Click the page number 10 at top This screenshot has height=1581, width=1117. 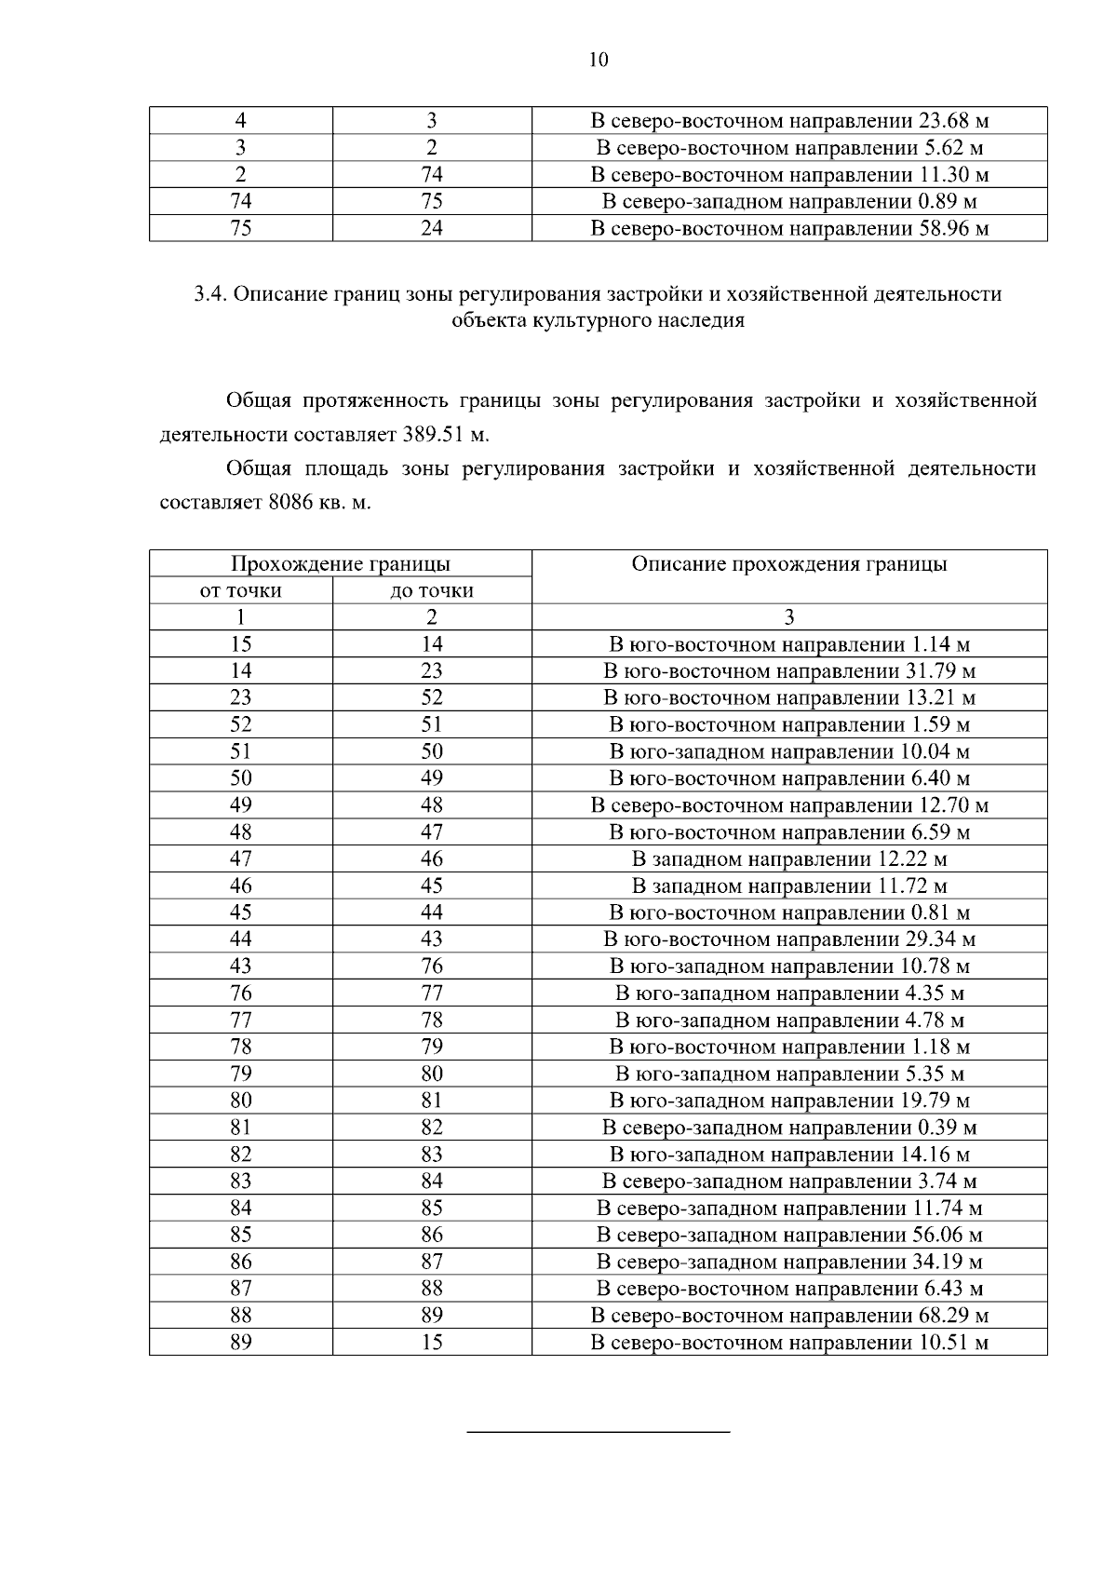pos(599,61)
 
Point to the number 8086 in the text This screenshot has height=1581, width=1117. pos(292,502)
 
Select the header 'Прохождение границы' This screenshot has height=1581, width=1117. pos(340,563)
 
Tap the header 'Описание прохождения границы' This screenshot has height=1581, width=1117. pos(789,563)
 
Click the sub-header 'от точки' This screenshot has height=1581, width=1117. pos(240,590)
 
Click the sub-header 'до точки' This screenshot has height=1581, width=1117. pos(432,590)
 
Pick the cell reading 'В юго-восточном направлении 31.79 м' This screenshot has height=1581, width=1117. pos(789,670)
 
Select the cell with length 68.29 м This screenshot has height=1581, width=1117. pos(789,1315)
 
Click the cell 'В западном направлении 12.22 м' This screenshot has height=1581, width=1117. pos(789,858)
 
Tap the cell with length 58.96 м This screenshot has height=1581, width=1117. pos(789,228)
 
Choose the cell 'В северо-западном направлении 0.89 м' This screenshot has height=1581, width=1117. pos(789,201)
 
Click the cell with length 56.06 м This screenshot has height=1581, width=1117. pos(789,1235)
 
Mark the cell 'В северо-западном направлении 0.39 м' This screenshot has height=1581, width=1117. pos(789,1128)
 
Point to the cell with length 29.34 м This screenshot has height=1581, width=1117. pos(789,939)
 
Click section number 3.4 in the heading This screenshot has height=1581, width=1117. pos(209,294)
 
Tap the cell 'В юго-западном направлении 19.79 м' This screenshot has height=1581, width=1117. pos(789,1101)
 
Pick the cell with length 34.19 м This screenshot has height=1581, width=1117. pos(789,1262)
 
